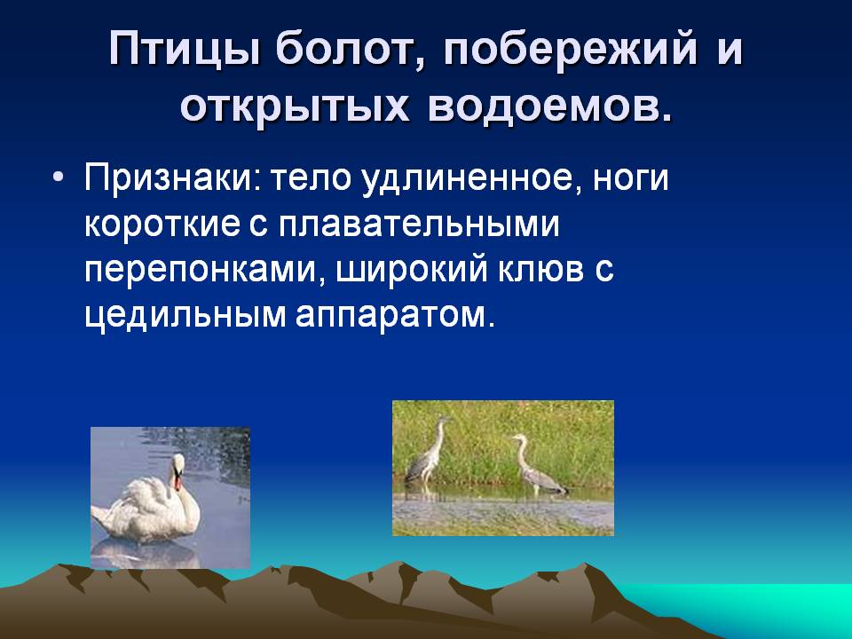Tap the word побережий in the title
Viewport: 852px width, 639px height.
tap(570, 48)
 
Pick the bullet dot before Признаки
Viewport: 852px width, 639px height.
tap(59, 178)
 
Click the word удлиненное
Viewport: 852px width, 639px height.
tap(469, 178)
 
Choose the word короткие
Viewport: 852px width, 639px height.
tap(162, 224)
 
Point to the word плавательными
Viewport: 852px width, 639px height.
tap(419, 224)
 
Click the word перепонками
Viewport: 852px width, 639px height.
tap(200, 270)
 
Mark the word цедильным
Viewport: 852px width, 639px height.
tap(185, 315)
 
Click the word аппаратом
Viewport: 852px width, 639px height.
tap(395, 316)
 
